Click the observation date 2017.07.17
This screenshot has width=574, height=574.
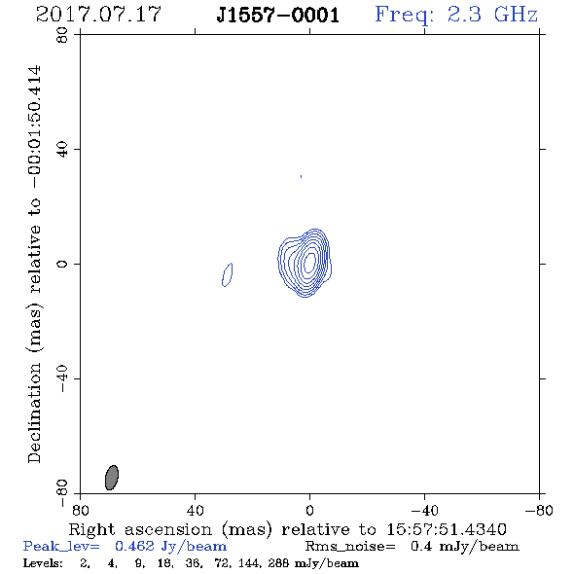pyautogui.click(x=98, y=15)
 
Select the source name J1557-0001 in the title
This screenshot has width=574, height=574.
pyautogui.click(x=277, y=16)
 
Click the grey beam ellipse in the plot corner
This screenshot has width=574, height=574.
pyautogui.click(x=112, y=478)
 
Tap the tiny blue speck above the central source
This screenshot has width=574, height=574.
pyautogui.click(x=301, y=176)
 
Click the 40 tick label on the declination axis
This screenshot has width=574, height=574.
pyautogui.click(x=62, y=150)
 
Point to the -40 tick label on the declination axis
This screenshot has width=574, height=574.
pyautogui.click(x=62, y=378)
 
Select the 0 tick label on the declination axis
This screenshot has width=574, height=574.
pyautogui.click(x=62, y=264)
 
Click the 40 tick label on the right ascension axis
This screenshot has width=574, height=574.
pyautogui.click(x=195, y=511)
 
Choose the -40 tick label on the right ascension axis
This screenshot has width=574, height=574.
pyautogui.click(x=424, y=511)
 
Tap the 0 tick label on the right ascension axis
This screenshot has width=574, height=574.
pyautogui.click(x=309, y=511)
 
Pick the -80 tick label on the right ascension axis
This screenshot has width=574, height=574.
pyautogui.click(x=539, y=511)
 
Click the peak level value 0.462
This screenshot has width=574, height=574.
pyautogui.click(x=134, y=546)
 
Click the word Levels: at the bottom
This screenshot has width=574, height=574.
pyautogui.click(x=43, y=563)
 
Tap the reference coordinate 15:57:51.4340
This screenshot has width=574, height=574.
pyautogui.click(x=447, y=529)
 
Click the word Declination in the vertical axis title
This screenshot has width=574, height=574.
pyautogui.click(x=34, y=413)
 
